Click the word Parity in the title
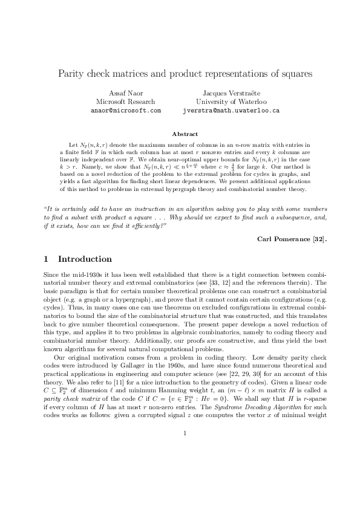coord(71,74)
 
